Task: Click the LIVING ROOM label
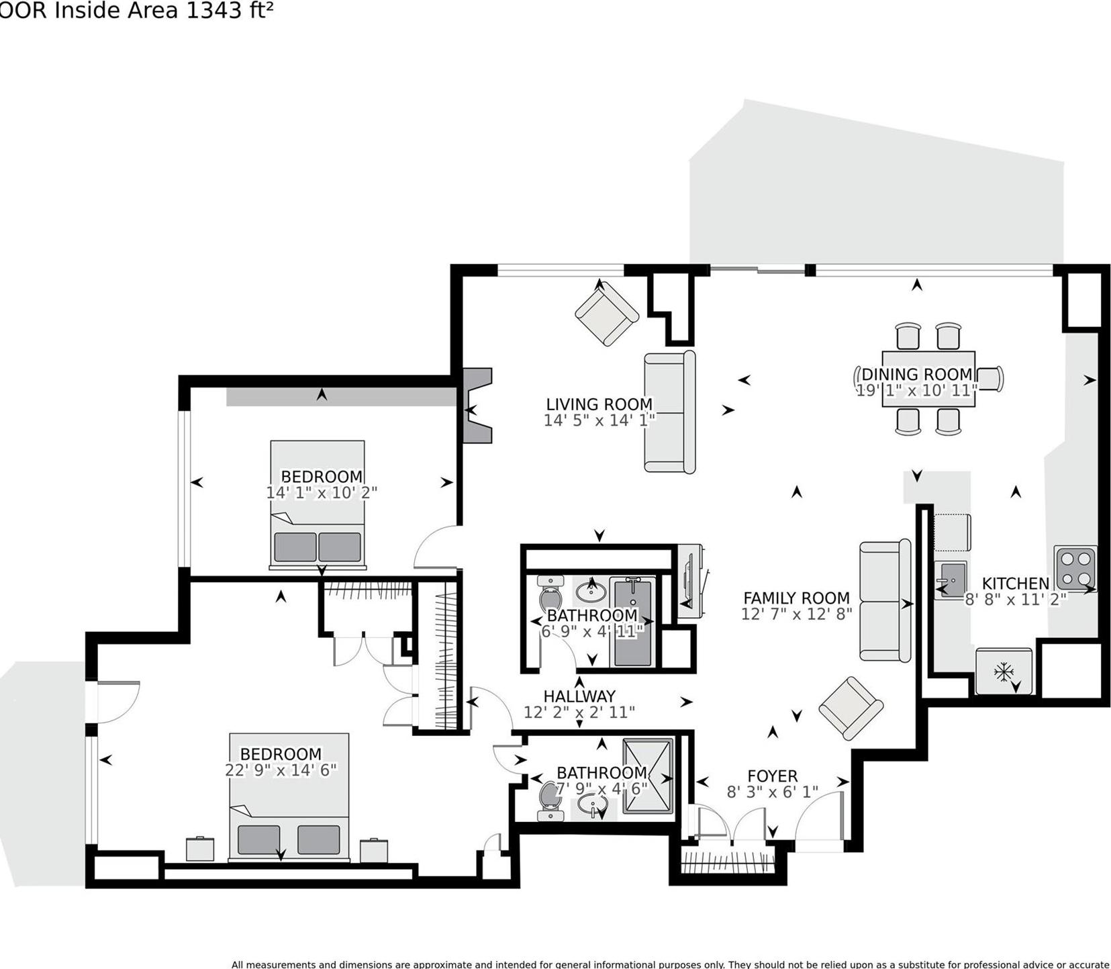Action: [x=599, y=404]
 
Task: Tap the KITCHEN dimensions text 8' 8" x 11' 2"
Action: [x=1015, y=600]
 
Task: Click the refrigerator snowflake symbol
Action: [x=1003, y=670]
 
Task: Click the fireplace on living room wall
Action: [x=478, y=406]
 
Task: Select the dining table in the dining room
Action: [x=928, y=378]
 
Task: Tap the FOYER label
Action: [x=772, y=776]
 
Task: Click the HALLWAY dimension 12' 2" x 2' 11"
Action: [x=579, y=712]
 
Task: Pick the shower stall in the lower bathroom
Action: [x=648, y=776]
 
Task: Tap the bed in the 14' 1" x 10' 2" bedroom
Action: [x=318, y=504]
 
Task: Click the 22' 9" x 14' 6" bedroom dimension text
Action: [x=280, y=770]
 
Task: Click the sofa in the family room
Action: [x=885, y=601]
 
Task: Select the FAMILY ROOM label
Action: [x=796, y=598]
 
